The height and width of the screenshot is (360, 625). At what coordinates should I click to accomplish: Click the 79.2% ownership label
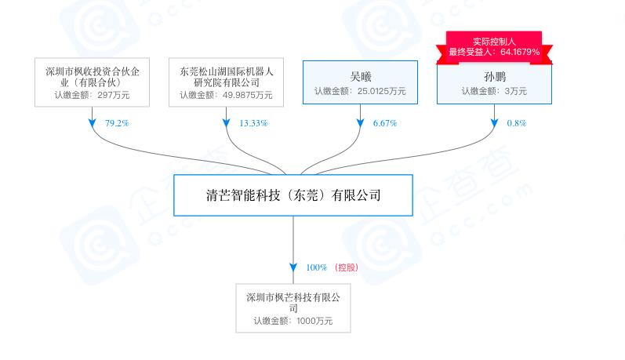(117, 123)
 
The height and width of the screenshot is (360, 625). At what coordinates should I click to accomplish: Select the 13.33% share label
(253, 123)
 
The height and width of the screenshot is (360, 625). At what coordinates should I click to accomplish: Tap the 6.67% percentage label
(385, 123)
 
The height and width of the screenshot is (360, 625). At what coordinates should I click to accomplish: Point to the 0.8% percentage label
(517, 123)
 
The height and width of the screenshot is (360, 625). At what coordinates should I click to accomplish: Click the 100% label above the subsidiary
(317, 267)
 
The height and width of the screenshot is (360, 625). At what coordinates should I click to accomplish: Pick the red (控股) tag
(347, 267)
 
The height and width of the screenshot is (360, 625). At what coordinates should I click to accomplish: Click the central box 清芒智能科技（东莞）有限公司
(293, 195)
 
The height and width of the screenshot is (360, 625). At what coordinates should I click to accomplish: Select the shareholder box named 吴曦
(360, 82)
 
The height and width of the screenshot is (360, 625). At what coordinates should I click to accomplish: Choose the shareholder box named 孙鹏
(494, 83)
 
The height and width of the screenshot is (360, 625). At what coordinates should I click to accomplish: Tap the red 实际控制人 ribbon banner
(494, 47)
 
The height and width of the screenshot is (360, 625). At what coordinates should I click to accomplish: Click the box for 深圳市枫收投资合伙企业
(92, 82)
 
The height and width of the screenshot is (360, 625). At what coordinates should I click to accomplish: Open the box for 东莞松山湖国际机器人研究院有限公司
(227, 82)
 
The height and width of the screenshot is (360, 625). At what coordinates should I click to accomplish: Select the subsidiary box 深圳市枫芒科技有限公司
(293, 308)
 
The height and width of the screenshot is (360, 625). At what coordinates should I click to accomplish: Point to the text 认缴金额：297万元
(92, 95)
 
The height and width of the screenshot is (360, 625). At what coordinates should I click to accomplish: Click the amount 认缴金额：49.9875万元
(226, 95)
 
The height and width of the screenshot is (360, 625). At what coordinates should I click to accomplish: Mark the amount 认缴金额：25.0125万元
(360, 91)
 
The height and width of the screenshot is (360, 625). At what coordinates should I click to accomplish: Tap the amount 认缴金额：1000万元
(293, 321)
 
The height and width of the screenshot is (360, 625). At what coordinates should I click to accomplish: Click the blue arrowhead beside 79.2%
(92, 123)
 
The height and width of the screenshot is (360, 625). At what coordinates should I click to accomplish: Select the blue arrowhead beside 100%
(293, 267)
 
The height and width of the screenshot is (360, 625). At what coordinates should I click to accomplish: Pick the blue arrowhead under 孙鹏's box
(494, 123)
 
